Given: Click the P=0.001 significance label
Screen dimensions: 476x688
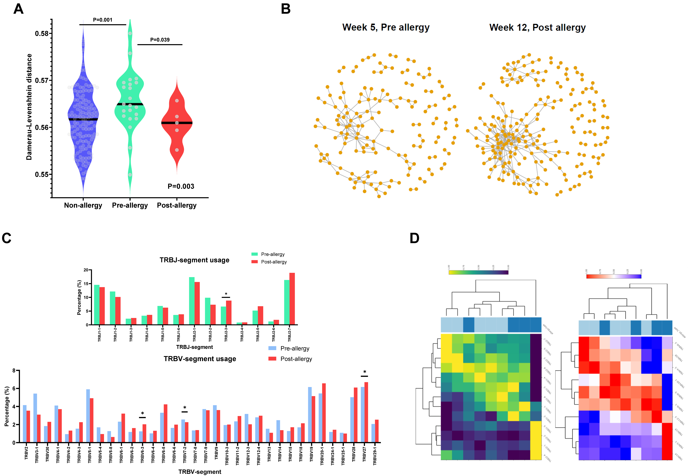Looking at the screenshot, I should click(103, 20).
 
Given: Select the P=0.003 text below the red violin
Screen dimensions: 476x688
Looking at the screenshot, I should click(181, 186).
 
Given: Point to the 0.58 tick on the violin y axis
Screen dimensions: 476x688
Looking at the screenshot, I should click(42, 33).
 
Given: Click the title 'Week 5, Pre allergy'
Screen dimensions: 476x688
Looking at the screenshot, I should click(386, 27).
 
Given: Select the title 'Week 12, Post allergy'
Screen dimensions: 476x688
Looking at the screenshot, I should click(537, 27).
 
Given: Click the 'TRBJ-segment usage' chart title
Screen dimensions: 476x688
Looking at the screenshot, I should click(194, 260).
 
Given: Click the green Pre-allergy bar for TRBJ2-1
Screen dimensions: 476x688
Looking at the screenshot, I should click(192, 301).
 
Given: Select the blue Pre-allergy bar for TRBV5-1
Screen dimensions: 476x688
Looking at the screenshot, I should click(88, 415).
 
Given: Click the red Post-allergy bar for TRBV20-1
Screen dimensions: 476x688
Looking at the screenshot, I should click(324, 413).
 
